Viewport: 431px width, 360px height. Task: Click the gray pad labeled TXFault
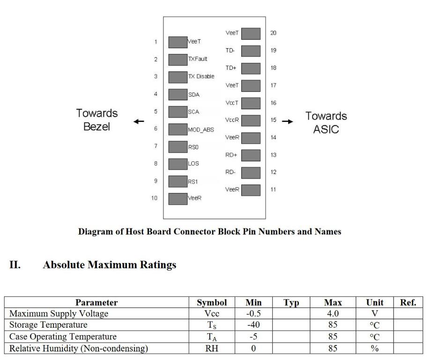click(x=178, y=60)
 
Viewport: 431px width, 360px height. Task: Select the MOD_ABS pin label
click(x=201, y=130)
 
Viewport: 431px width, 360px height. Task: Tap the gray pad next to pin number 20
click(x=251, y=34)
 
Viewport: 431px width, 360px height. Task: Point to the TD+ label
click(x=231, y=68)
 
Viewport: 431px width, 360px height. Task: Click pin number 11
click(x=273, y=190)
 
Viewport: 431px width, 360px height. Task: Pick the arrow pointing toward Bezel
click(x=139, y=122)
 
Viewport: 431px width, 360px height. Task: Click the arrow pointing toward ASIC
click(x=290, y=122)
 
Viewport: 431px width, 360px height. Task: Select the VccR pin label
click(x=232, y=120)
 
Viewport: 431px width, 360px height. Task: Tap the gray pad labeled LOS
click(x=178, y=164)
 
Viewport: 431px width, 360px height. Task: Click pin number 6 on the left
click(x=156, y=128)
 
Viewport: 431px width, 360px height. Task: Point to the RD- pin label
click(x=230, y=172)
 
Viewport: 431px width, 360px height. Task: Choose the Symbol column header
click(x=212, y=303)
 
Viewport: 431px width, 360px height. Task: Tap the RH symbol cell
click(x=212, y=348)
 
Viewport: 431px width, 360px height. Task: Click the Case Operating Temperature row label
click(x=63, y=337)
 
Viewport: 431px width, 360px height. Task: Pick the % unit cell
click(x=374, y=348)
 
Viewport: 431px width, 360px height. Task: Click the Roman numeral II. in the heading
click(x=15, y=265)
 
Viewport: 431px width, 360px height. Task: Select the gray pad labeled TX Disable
click(x=178, y=77)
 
